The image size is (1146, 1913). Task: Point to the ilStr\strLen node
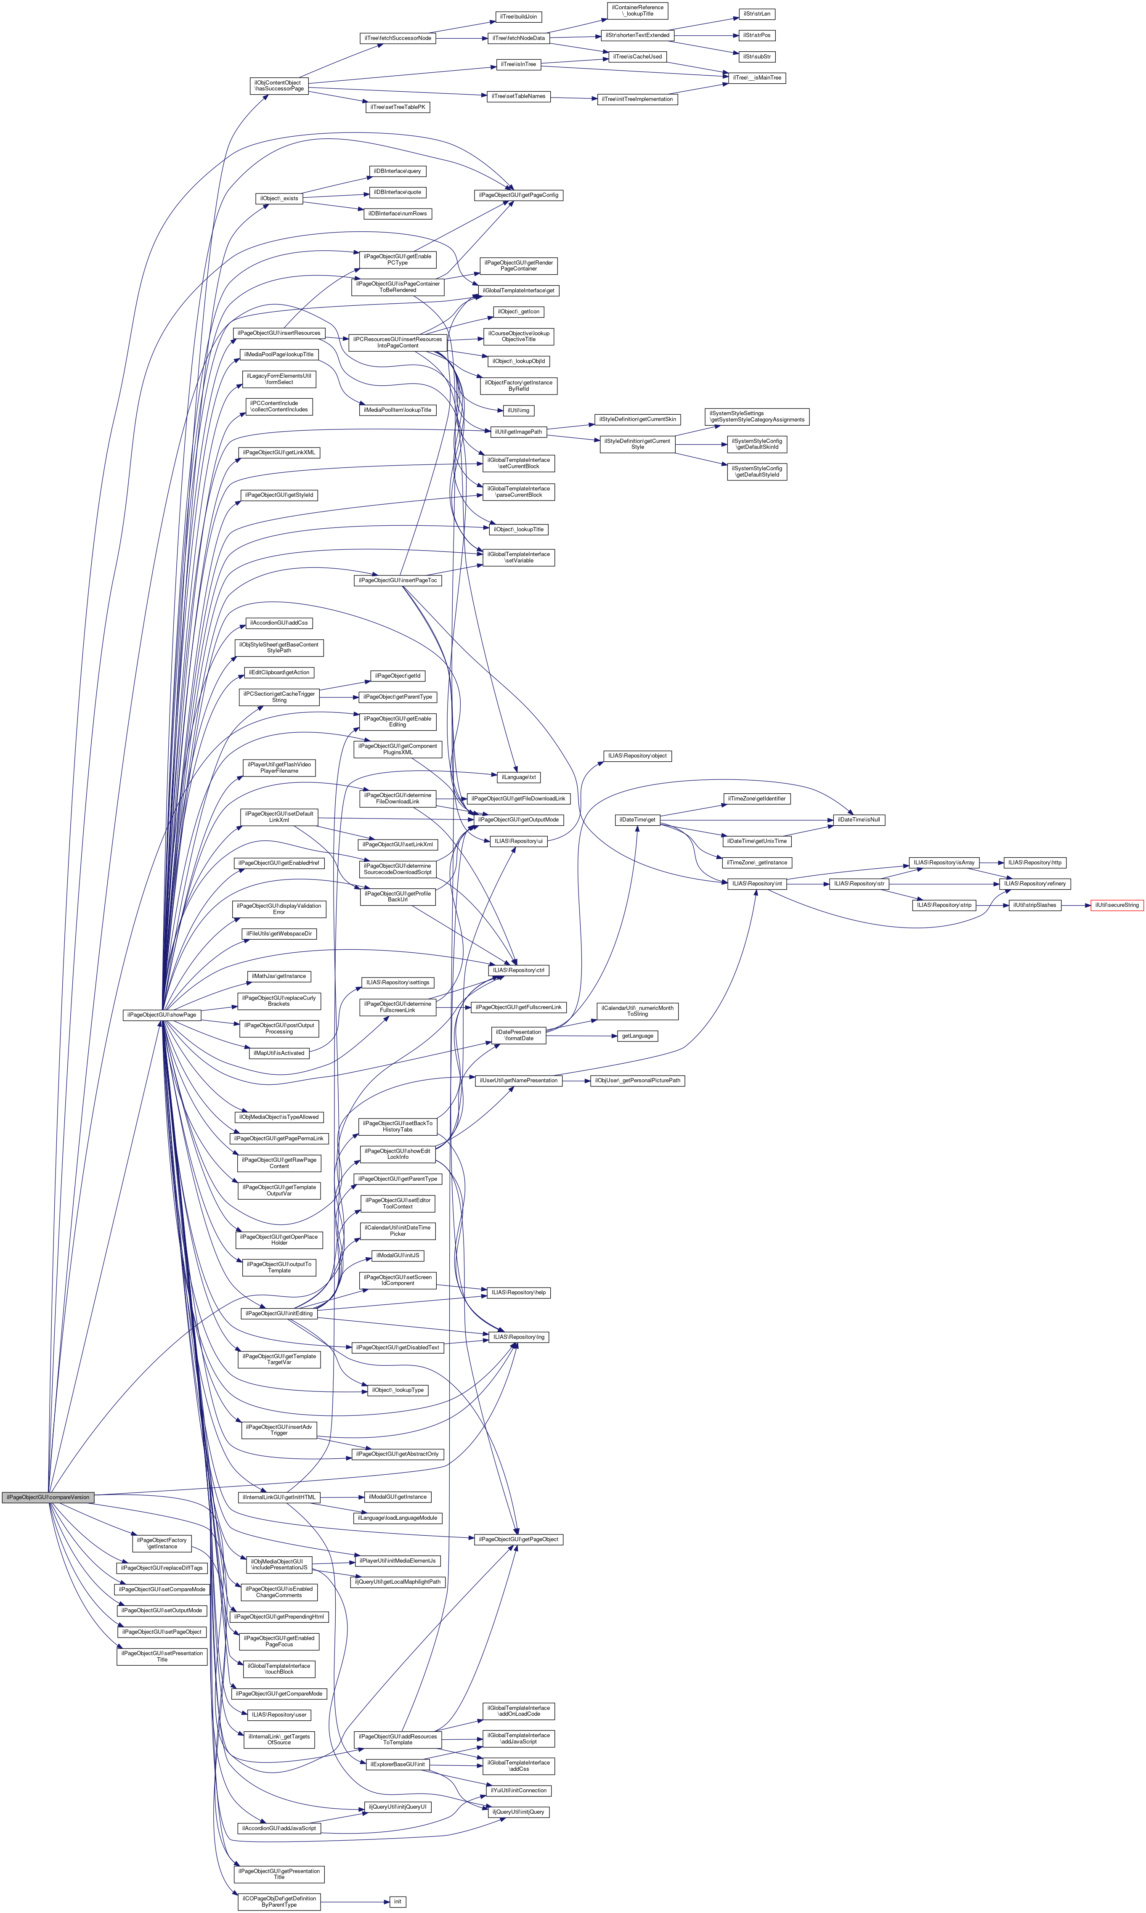coord(757,14)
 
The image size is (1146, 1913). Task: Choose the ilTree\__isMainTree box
coord(754,78)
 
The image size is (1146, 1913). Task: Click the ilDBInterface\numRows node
coord(397,213)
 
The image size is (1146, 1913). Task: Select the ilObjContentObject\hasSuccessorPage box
coord(279,86)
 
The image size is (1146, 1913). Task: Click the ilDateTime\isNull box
coord(857,820)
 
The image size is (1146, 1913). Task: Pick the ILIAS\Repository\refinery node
coord(1035,883)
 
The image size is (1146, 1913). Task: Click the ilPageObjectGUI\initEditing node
coord(279,1313)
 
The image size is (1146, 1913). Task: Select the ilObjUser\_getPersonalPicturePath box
coord(637,1080)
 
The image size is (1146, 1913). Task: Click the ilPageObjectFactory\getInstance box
coord(162,1542)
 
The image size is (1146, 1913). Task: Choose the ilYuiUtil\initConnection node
coord(520,1789)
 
